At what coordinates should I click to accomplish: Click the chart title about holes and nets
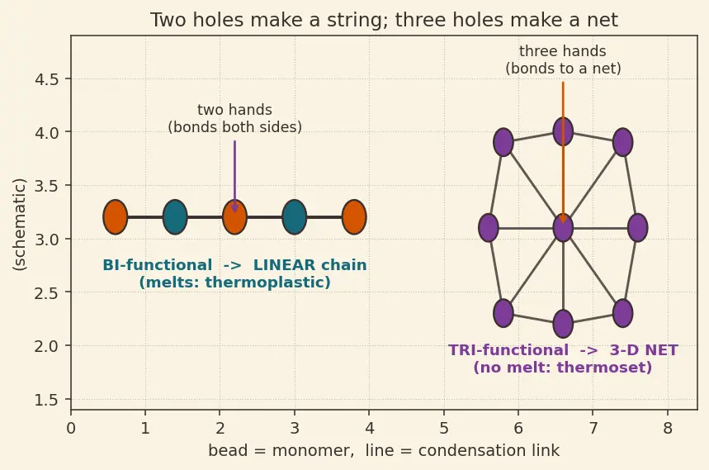click(x=384, y=20)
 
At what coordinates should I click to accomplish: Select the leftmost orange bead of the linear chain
click(x=116, y=217)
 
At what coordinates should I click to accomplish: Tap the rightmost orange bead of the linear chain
click(x=354, y=217)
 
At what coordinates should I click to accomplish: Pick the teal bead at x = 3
click(x=295, y=217)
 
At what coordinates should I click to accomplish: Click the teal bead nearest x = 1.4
click(x=175, y=217)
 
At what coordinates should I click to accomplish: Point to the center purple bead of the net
click(x=563, y=228)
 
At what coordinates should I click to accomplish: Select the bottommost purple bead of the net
click(x=563, y=324)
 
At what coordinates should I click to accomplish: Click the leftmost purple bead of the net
click(x=489, y=228)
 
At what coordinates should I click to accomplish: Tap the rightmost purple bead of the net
click(x=637, y=228)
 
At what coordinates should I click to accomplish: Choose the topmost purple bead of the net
click(x=563, y=131)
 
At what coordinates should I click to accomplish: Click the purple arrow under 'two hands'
click(x=234, y=177)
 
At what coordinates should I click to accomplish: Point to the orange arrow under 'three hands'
click(x=563, y=153)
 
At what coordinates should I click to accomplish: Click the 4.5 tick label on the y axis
click(x=46, y=79)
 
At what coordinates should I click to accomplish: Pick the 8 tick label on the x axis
click(x=668, y=428)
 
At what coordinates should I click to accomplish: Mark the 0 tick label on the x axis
click(x=70, y=428)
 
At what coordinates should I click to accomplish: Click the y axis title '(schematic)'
click(x=20, y=225)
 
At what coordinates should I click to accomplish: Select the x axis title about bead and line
click(x=384, y=450)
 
